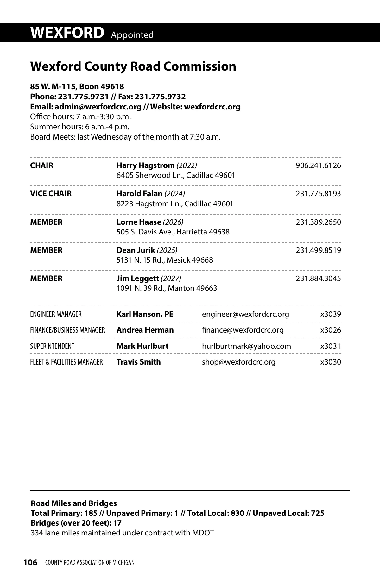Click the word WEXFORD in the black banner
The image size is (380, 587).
(x=67, y=33)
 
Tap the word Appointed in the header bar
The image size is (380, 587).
(x=132, y=35)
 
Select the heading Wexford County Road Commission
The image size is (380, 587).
(x=133, y=66)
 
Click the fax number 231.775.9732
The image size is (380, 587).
(x=160, y=97)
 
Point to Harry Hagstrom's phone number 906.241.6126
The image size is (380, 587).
(x=318, y=165)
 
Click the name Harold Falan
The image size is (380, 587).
(x=139, y=194)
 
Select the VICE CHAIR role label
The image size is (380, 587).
(x=51, y=194)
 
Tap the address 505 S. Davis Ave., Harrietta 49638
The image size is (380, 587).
(x=173, y=232)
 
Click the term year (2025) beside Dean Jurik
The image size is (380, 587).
(x=167, y=250)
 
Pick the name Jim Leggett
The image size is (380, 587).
(x=137, y=278)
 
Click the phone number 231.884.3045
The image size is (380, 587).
(x=318, y=278)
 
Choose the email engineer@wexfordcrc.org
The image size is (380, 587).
(x=245, y=314)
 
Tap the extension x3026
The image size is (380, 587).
(x=330, y=330)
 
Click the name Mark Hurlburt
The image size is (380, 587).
(x=142, y=346)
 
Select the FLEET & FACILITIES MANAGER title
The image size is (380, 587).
(x=66, y=362)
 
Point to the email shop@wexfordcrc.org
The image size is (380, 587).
(x=238, y=362)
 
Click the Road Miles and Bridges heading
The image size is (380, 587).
(x=74, y=503)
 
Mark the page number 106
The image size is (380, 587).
(x=30, y=562)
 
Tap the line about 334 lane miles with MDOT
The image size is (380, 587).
(x=122, y=533)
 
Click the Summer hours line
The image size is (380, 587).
(x=80, y=127)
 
